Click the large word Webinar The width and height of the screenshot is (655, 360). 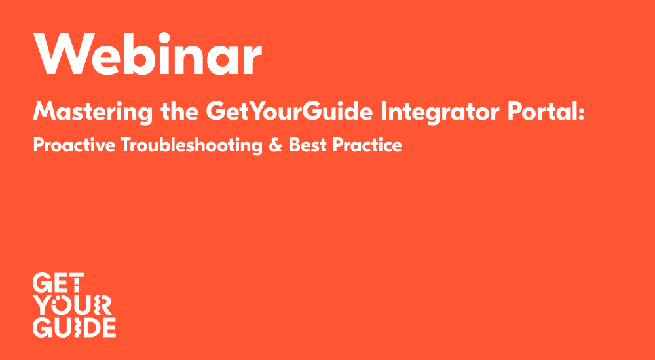coord(148,54)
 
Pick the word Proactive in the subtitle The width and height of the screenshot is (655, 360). coord(73,145)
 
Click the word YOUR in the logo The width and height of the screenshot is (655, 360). coord(72,305)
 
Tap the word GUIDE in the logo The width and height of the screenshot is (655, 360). coord(74,327)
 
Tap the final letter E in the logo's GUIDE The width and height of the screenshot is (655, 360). coord(109,327)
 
